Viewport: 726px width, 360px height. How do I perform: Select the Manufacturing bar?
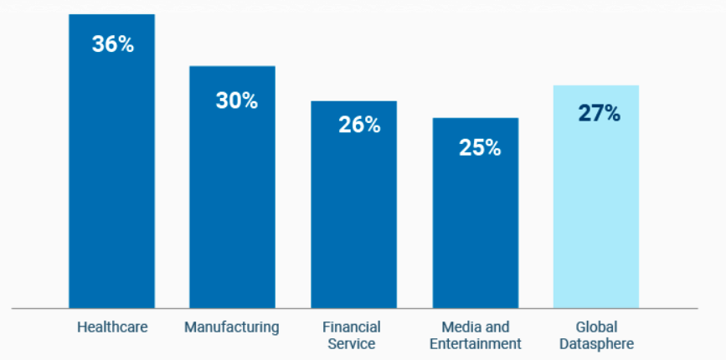point(232,201)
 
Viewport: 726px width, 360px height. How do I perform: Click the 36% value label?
point(113,44)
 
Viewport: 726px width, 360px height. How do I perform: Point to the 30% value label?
point(236,100)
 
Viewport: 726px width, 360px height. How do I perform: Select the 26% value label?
point(359,125)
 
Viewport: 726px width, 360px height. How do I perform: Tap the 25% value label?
point(480,147)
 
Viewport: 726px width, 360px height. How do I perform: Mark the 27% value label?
point(599,114)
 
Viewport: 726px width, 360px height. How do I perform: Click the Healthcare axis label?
point(112,327)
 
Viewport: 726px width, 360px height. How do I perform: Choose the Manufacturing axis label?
point(232,327)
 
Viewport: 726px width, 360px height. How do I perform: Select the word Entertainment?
point(475,343)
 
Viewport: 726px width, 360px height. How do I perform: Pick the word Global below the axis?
point(595,327)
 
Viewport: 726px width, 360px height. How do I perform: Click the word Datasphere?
point(595,343)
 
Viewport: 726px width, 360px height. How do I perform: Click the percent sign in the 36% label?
point(126,44)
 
